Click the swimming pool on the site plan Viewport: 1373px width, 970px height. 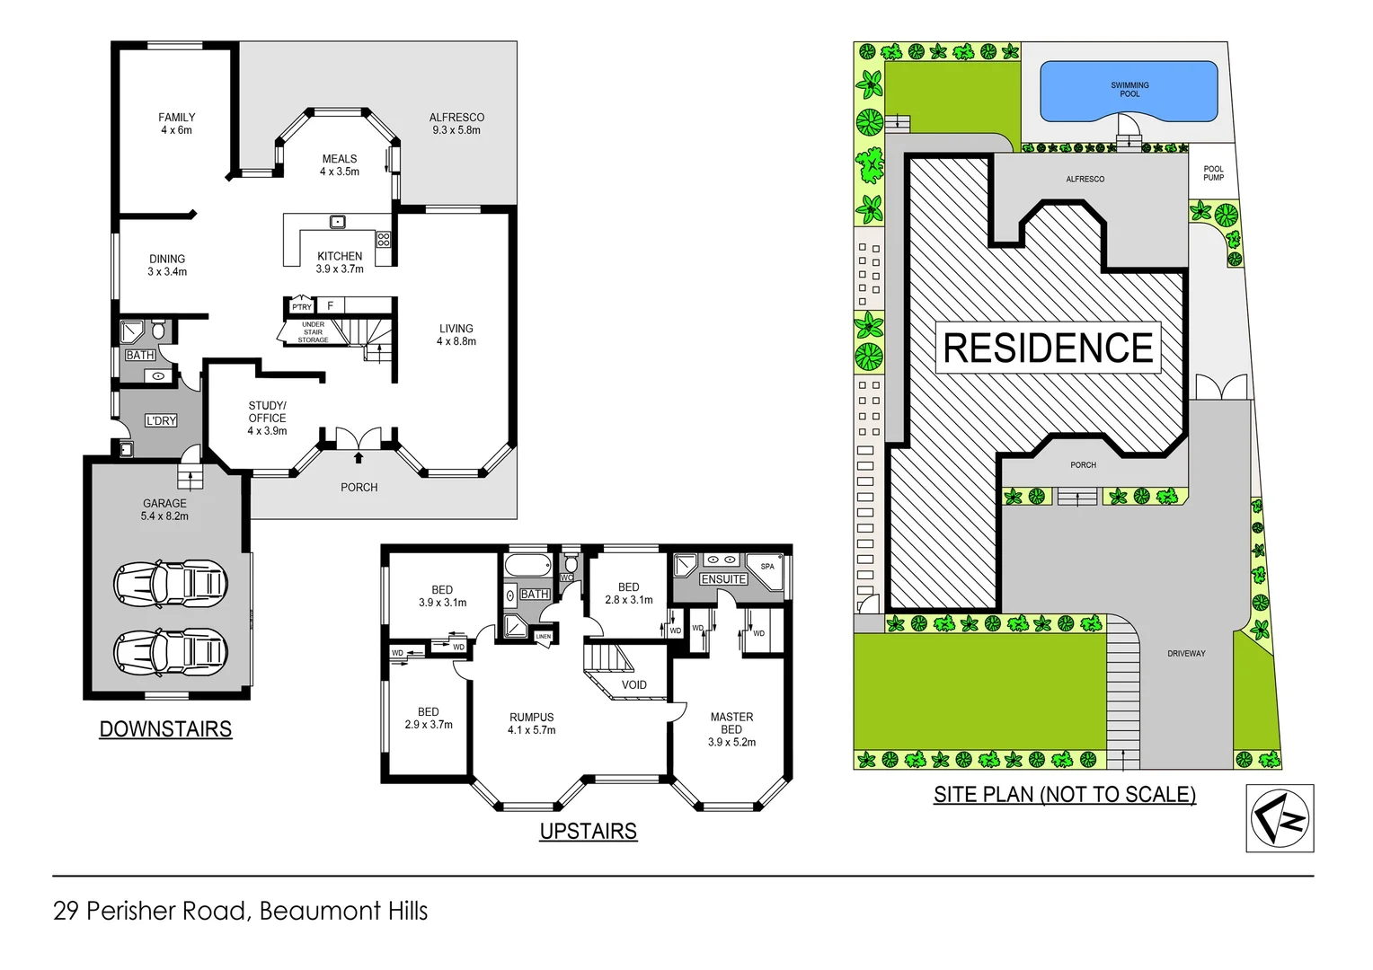(1129, 90)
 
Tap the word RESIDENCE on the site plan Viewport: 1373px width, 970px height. (1048, 348)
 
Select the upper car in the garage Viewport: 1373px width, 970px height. (171, 584)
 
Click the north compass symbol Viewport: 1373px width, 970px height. (1280, 818)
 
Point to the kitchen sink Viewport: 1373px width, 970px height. (338, 222)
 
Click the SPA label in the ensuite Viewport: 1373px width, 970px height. (767, 567)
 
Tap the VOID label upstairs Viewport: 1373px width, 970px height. (633, 684)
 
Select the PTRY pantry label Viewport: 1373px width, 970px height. (301, 307)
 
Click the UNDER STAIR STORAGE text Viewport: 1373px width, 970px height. (313, 332)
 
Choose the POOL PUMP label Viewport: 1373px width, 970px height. (1213, 173)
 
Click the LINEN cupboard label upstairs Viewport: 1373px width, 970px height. (544, 636)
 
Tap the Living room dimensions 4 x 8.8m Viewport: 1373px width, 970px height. (456, 341)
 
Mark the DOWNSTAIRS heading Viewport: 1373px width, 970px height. (165, 729)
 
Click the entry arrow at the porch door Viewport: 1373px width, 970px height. (359, 458)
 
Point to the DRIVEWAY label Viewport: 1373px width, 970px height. (1186, 654)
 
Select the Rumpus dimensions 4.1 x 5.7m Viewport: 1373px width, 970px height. (531, 730)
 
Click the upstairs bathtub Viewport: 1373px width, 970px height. (527, 566)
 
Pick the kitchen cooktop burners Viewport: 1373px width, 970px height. (384, 240)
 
